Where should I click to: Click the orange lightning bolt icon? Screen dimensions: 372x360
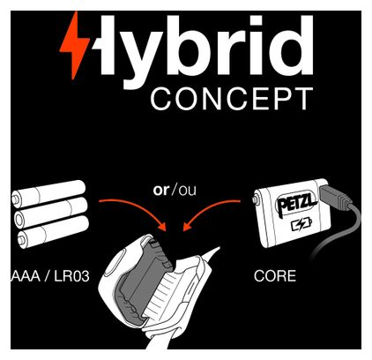point(74,44)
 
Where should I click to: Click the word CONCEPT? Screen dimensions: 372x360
point(232,99)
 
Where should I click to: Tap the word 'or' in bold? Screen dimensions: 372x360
point(161,191)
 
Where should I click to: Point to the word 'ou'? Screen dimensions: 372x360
point(187,191)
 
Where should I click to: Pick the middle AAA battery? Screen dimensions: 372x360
point(51,213)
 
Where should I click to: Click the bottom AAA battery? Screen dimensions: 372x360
point(53,232)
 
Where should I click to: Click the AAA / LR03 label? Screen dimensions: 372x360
point(50,276)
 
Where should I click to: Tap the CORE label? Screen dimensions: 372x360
point(275,276)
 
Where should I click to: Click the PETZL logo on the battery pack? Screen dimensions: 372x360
point(296,204)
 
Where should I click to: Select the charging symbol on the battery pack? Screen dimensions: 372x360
point(301,225)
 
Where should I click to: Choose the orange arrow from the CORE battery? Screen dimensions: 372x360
point(207,209)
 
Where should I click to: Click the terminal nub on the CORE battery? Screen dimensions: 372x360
point(255,200)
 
